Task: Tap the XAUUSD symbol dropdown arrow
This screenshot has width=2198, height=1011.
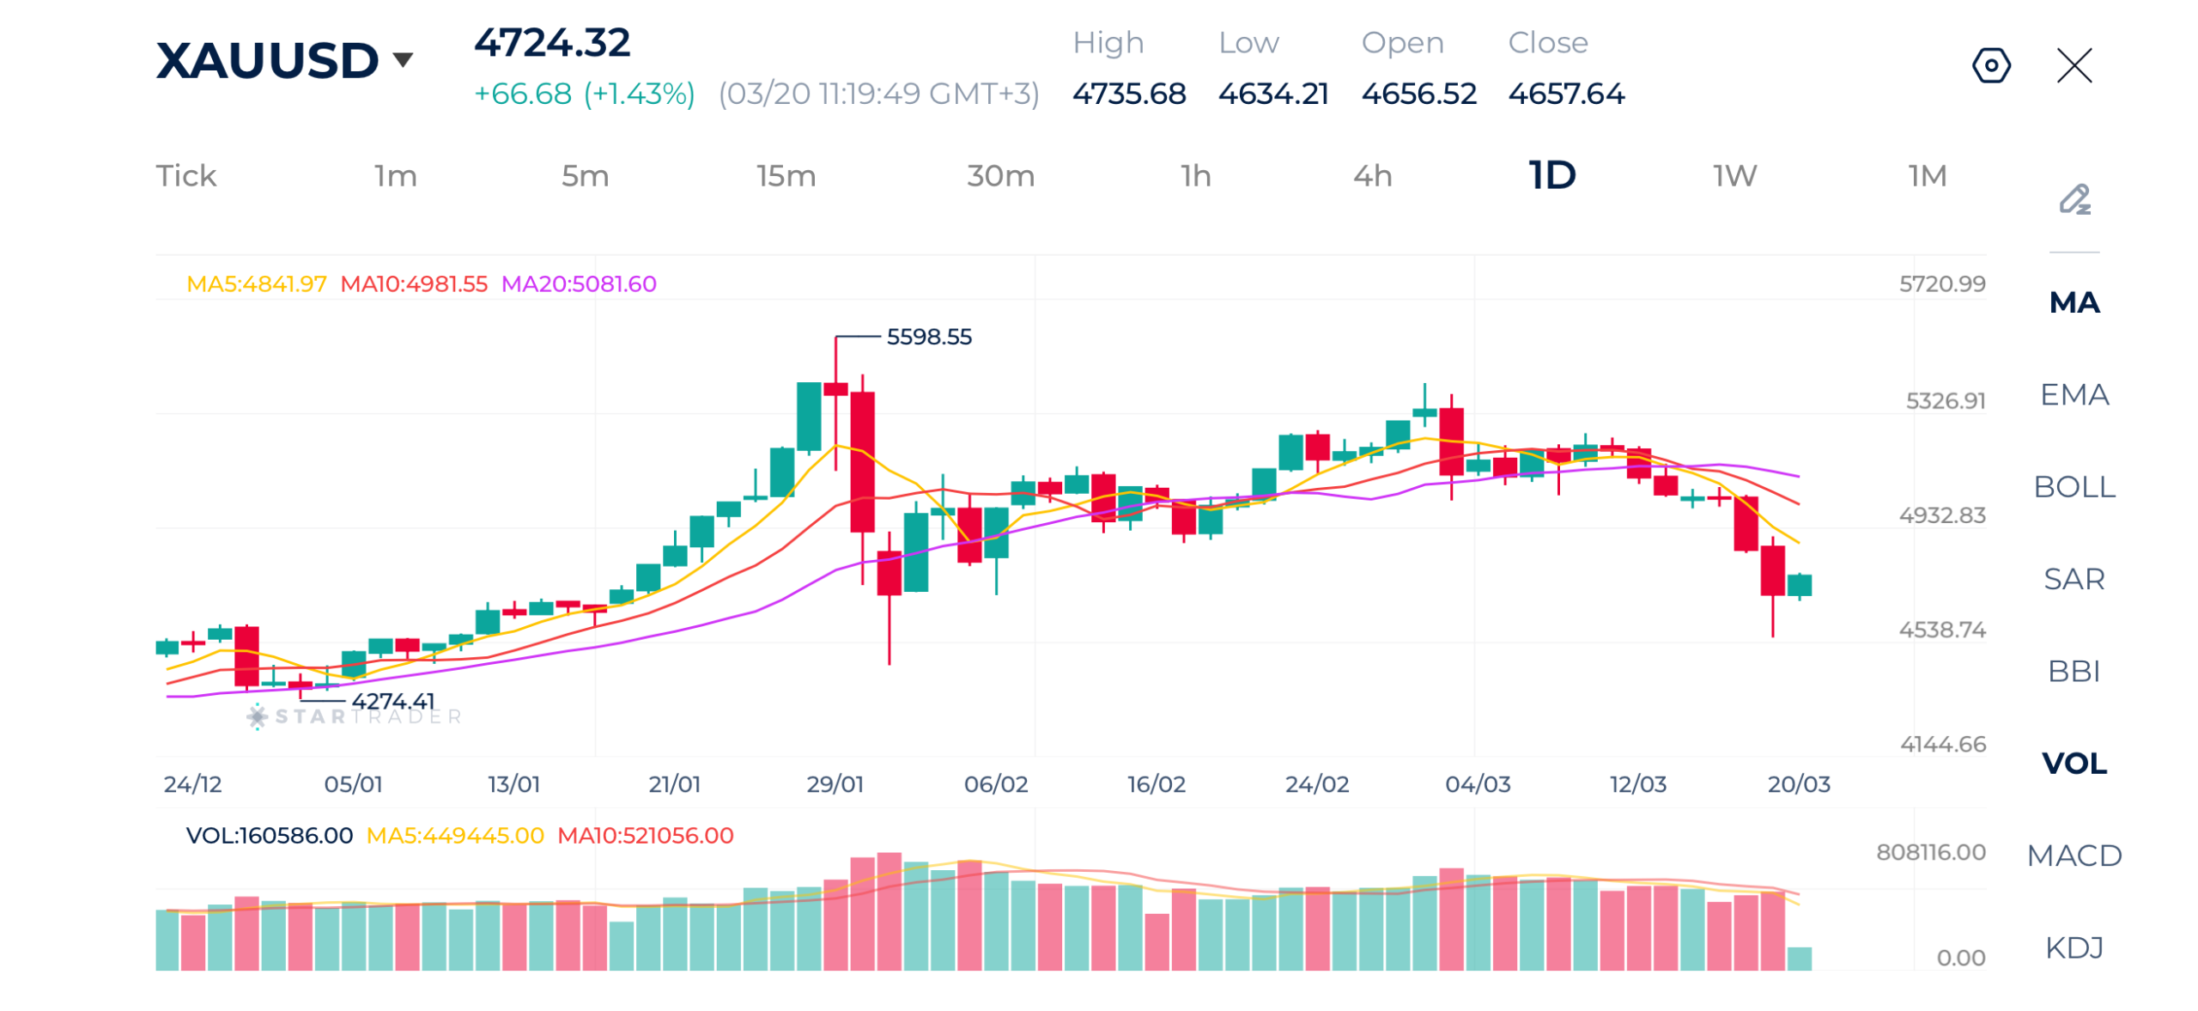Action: pos(402,60)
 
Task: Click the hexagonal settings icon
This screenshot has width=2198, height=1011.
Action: pos(1990,65)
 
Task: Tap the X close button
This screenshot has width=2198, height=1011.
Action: pos(2074,65)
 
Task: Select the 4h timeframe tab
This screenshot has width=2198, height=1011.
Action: pos(1372,176)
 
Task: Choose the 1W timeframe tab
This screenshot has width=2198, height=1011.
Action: pos(1734,176)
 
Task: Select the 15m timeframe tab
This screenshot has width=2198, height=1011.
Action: pos(786,176)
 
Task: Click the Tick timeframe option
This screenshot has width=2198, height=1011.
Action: pos(185,176)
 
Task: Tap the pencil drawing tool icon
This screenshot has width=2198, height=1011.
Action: pos(2074,199)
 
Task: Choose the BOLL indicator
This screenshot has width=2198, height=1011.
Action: pos(2074,487)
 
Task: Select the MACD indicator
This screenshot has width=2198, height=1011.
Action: pos(2074,856)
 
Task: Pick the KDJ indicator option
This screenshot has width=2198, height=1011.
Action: pos(2074,947)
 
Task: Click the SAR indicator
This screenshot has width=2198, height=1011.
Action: pos(2074,579)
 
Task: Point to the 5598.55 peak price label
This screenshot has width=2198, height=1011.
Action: pos(928,337)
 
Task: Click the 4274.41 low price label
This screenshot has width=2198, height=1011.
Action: pos(392,702)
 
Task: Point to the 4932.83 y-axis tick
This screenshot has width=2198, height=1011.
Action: pos(1941,515)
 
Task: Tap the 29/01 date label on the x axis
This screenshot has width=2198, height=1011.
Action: pos(835,784)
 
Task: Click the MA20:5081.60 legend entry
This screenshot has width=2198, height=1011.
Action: pos(579,284)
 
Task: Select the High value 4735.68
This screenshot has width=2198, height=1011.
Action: pos(1128,94)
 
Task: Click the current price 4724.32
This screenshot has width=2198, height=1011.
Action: pos(552,43)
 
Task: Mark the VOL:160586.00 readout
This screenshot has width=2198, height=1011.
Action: pos(269,836)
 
